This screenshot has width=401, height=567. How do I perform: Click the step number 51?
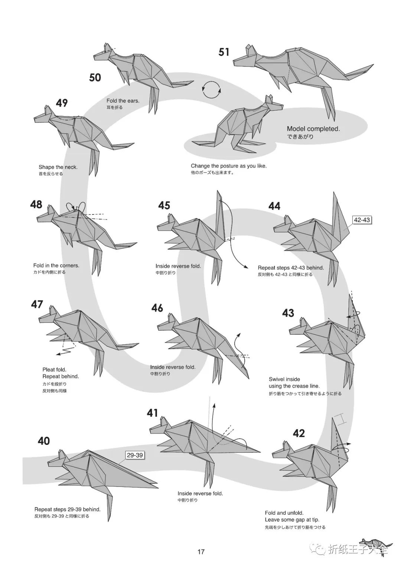coord(224,52)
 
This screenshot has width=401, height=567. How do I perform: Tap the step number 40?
coord(44,441)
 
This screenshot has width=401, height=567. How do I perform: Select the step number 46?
coord(157,308)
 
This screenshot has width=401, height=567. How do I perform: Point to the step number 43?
coord(288,313)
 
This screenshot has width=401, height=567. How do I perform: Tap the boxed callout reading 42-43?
coord(362,220)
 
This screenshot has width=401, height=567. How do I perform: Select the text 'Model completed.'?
coord(313,129)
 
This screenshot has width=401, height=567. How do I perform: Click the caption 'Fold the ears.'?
coord(123,101)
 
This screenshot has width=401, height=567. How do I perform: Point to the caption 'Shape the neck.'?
coord(58,167)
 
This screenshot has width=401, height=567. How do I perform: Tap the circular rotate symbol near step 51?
coord(211,89)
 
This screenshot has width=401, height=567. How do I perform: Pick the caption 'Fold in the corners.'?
coord(56,266)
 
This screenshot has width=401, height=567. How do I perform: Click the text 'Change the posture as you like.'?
coord(229,166)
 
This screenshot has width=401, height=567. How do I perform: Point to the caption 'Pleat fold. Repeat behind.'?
coord(61,373)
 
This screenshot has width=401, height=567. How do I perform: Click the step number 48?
coord(36,204)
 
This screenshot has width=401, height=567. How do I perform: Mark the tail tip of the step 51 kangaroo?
coord(373,65)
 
